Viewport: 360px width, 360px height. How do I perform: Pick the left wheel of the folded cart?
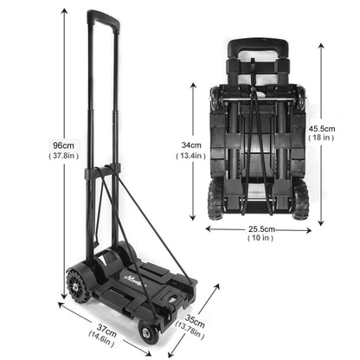click(215, 200)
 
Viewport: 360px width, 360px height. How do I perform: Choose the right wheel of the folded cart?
click(301, 200)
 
